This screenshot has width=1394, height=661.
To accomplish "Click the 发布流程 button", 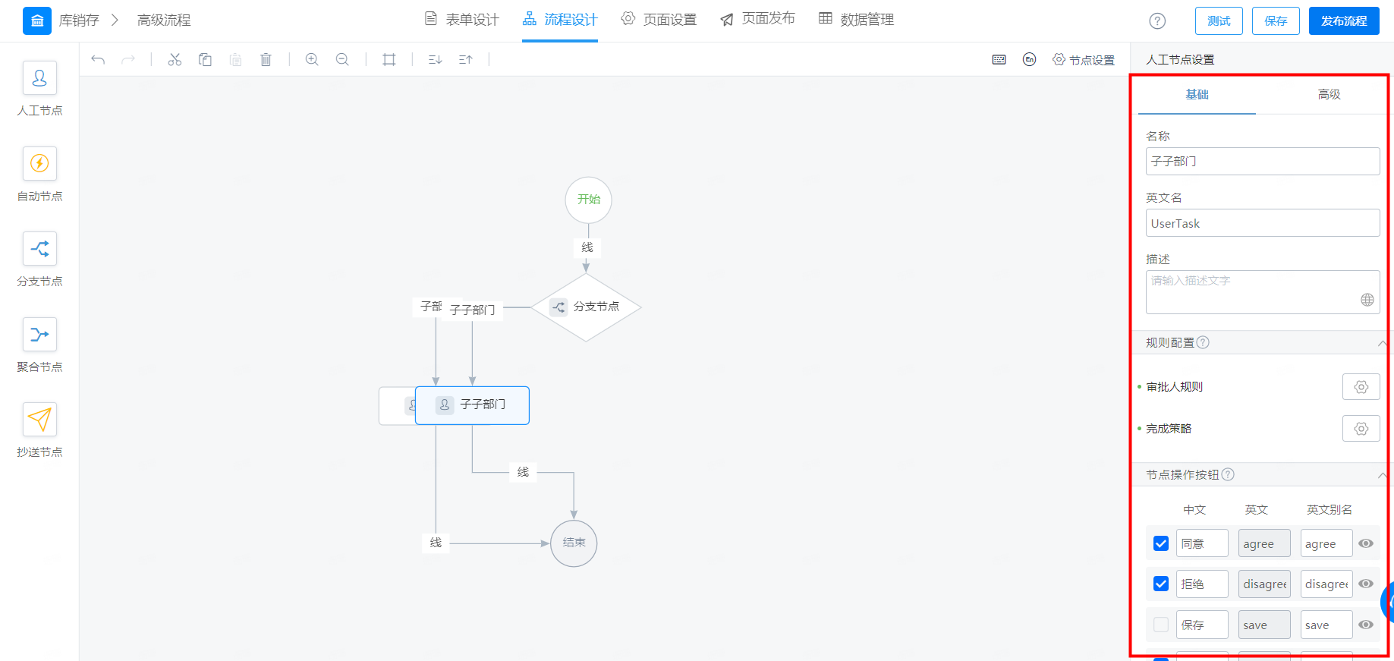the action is pos(1344,21).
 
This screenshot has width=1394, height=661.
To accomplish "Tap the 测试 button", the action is pos(1219,21).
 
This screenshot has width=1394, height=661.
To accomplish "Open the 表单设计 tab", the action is pos(461,19).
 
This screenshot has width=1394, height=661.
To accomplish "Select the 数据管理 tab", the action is pos(856,19).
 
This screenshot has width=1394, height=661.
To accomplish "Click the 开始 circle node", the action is pos(588,200).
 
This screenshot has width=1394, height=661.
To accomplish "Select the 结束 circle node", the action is pos(574,543).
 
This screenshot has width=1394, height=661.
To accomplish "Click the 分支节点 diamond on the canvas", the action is pos(586,307).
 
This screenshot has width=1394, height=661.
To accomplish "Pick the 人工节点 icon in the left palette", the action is pos(39,78).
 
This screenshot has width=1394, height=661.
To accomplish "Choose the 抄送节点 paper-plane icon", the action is pos(39,419).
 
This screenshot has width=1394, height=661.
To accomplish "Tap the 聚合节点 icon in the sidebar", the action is pos(39,334).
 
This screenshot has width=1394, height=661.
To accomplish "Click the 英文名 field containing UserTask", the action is pos(1262,223).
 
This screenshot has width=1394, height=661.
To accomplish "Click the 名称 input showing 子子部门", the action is pos(1262,161).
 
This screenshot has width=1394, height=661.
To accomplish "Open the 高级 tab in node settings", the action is pos(1329,94).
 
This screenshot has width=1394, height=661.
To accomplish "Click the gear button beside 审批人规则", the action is pos(1361,387).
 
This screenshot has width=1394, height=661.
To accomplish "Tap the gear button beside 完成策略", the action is pos(1361,429).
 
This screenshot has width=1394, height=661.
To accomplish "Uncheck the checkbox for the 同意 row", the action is pos(1160,543).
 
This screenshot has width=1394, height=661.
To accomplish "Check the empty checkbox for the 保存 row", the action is pos(1160,625).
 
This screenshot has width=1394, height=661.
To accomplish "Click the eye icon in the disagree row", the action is pos(1365,584).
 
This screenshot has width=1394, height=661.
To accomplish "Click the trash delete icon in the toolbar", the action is pos(266,59).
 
